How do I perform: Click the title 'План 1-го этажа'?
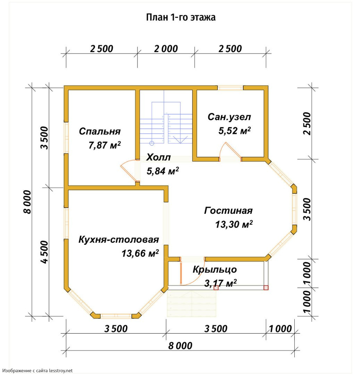[181, 17]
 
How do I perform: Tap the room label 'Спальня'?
[100, 131]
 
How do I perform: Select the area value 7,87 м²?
[104, 145]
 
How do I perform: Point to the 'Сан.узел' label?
[229, 117]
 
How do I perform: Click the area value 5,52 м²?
[234, 130]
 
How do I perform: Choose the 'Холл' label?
[159, 157]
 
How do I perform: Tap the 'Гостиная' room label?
[228, 210]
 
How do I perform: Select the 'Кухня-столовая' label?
[119, 239]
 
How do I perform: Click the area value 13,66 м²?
[140, 253]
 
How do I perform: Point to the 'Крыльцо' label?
[215, 269]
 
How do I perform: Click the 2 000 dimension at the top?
[166, 49]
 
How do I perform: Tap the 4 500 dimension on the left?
[44, 252]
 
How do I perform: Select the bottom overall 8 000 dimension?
[180, 346]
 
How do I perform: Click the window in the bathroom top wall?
[230, 88]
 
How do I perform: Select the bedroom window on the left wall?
[66, 138]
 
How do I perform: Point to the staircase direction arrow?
[180, 140]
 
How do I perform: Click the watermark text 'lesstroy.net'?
[61, 370]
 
